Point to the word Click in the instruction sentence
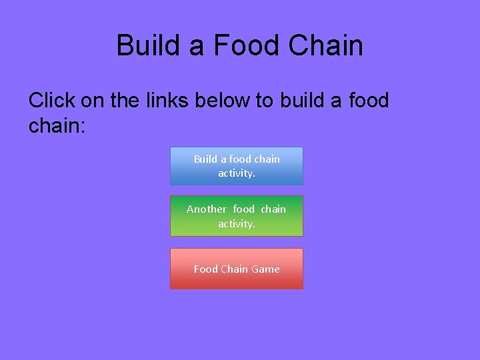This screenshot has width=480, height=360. coord(52,100)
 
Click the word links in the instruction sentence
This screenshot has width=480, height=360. coord(164,100)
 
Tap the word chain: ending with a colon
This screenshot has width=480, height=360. coord(57,125)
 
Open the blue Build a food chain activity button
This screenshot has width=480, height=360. coord(237,166)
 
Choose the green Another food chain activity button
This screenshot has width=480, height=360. coord(237,216)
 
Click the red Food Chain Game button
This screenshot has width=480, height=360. coord(237,269)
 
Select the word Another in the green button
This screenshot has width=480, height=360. coord(207,209)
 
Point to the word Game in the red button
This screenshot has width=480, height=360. coord(266,269)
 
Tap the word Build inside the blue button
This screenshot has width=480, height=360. coord(205,159)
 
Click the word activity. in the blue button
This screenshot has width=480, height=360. coord(237,173)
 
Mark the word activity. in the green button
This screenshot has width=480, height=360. coord(237,224)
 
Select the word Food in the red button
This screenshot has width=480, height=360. coord(205,269)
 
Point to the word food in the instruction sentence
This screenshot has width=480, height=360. coord(367,100)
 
